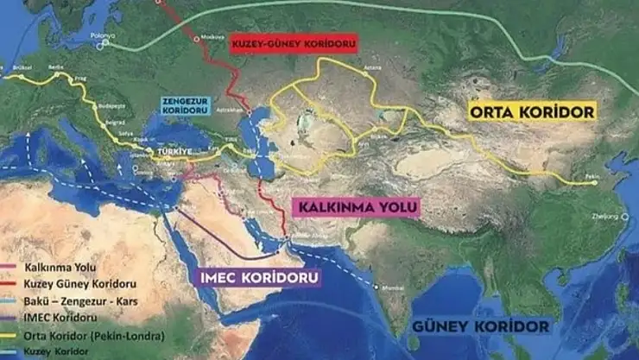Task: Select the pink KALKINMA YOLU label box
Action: pos(357,208)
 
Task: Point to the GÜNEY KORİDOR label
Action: pos(480,326)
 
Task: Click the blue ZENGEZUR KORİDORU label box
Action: pos(186,105)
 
